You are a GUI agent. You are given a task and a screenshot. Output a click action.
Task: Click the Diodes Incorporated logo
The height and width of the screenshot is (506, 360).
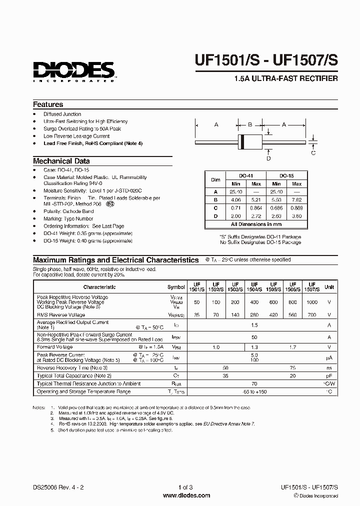point(74,70)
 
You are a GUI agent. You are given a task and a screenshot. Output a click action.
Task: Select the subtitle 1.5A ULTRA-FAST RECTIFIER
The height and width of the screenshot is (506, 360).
point(286,78)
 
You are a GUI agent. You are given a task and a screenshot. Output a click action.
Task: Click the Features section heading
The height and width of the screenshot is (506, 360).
point(48,104)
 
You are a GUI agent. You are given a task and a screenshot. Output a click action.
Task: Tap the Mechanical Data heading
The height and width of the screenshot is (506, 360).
point(61,161)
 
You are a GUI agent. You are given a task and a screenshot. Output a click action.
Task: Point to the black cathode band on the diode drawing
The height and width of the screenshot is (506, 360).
point(243,142)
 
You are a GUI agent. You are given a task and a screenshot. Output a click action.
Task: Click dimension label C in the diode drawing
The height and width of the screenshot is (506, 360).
point(313,153)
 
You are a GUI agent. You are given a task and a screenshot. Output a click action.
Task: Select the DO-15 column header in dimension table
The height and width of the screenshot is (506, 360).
point(286,176)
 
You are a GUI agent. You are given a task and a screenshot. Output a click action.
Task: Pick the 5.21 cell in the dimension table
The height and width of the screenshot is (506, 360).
point(256,199)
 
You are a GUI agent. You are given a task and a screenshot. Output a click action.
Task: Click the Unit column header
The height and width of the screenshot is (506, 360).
point(329,287)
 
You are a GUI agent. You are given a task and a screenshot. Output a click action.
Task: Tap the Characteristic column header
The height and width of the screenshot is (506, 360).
point(99,287)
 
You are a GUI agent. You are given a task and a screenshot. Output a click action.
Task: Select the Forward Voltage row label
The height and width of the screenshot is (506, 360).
point(54,346)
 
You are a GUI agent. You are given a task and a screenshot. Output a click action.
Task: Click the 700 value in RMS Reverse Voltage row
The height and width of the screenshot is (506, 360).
point(311,315)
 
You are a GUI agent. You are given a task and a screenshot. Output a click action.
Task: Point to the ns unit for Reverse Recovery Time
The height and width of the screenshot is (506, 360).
point(329,367)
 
